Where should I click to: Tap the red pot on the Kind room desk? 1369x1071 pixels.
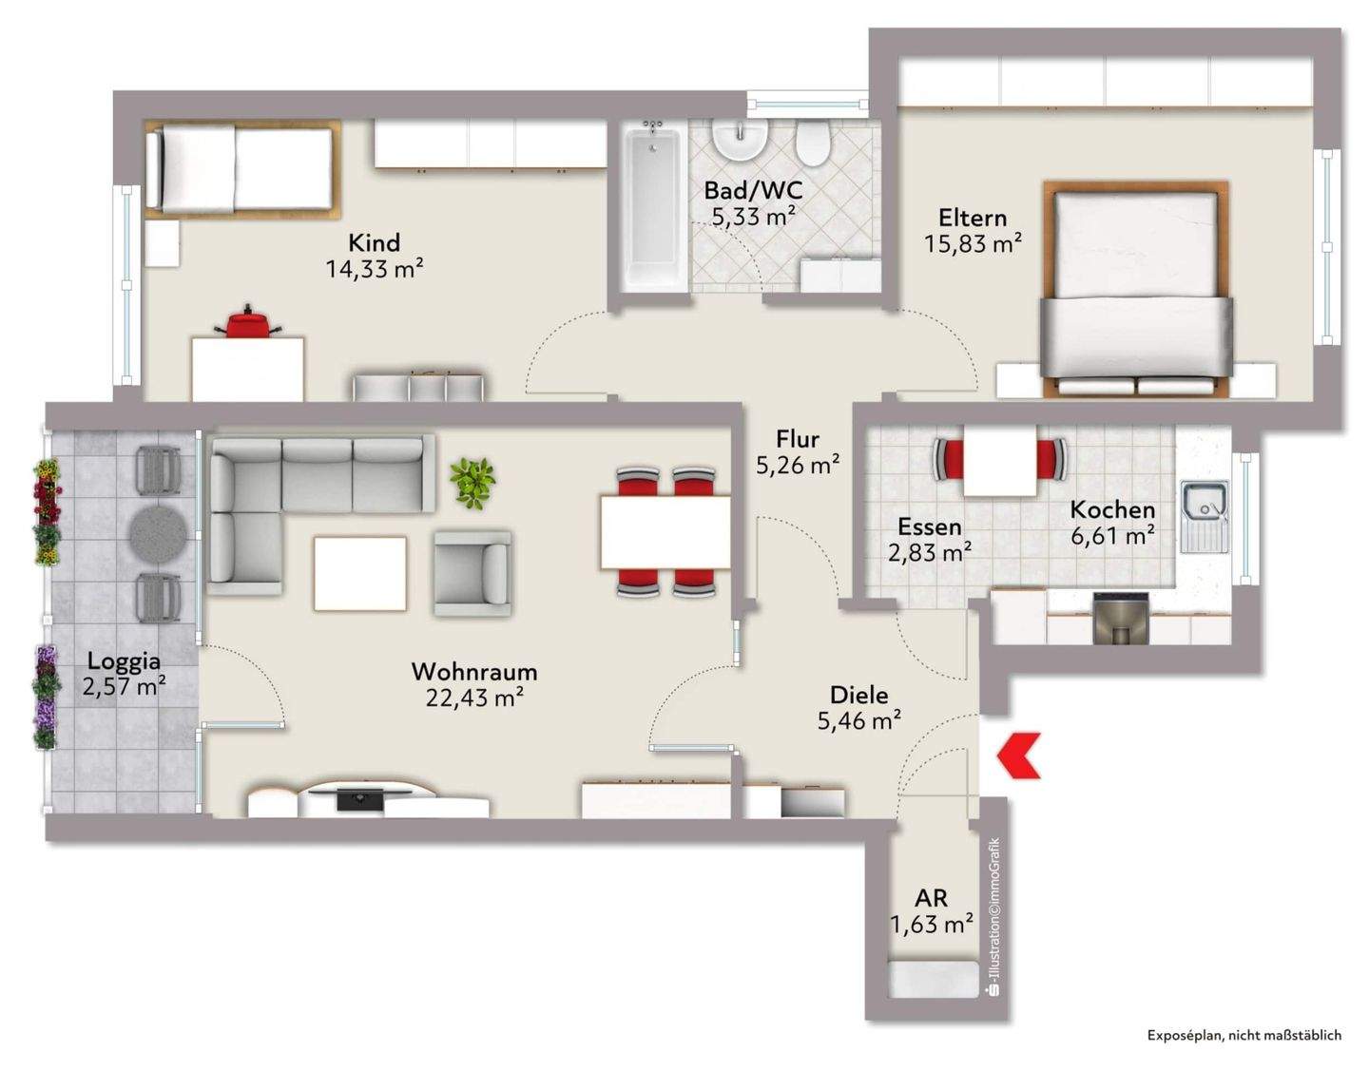pyautogui.click(x=247, y=321)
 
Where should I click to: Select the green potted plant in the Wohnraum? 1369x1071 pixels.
pyautogui.click(x=472, y=483)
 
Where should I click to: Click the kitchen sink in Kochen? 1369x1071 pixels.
pyautogui.click(x=1205, y=516)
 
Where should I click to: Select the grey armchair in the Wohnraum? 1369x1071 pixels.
pyautogui.click(x=472, y=573)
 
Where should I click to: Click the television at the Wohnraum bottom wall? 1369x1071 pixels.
pyautogui.click(x=360, y=797)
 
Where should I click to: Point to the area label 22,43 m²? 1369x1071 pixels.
pyautogui.click(x=474, y=697)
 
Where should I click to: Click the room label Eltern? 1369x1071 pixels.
pyautogui.click(x=973, y=218)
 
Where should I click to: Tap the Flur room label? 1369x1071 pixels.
pyautogui.click(x=798, y=438)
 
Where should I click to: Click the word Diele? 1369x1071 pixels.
pyautogui.click(x=859, y=695)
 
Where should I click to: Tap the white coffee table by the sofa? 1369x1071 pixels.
pyautogui.click(x=359, y=573)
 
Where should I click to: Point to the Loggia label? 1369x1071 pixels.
pyautogui.click(x=125, y=661)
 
